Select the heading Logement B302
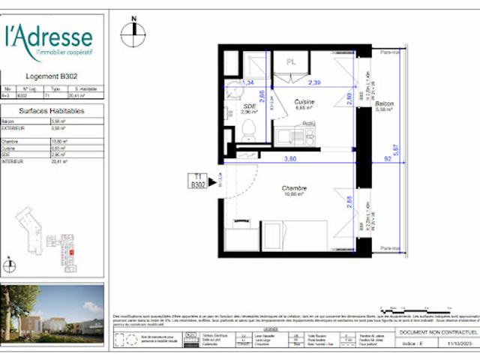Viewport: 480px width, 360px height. tap(52, 76)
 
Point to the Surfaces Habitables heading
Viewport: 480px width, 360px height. tap(51, 110)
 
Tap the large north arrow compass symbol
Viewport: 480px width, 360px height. tap(133, 31)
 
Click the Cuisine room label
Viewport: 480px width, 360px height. tap(304, 102)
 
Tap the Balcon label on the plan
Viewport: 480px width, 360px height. tap(385, 104)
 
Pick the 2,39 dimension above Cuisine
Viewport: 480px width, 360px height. tap(316, 82)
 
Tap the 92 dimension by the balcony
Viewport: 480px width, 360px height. tap(387, 158)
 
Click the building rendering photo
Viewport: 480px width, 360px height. tap(52, 312)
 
